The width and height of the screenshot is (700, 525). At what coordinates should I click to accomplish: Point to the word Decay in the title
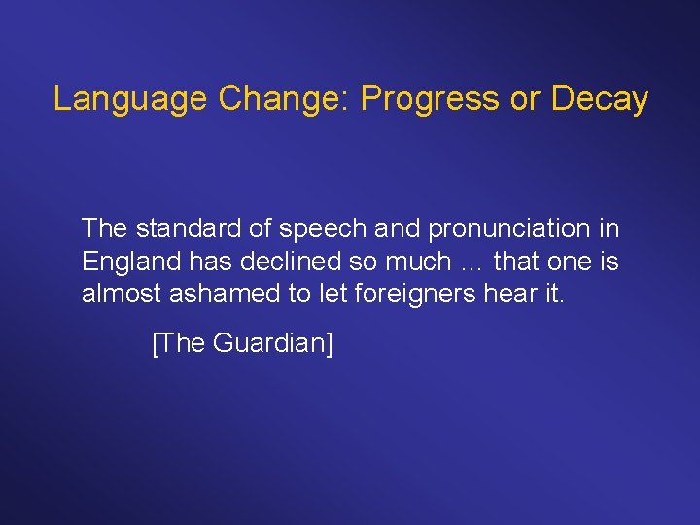(x=599, y=99)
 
